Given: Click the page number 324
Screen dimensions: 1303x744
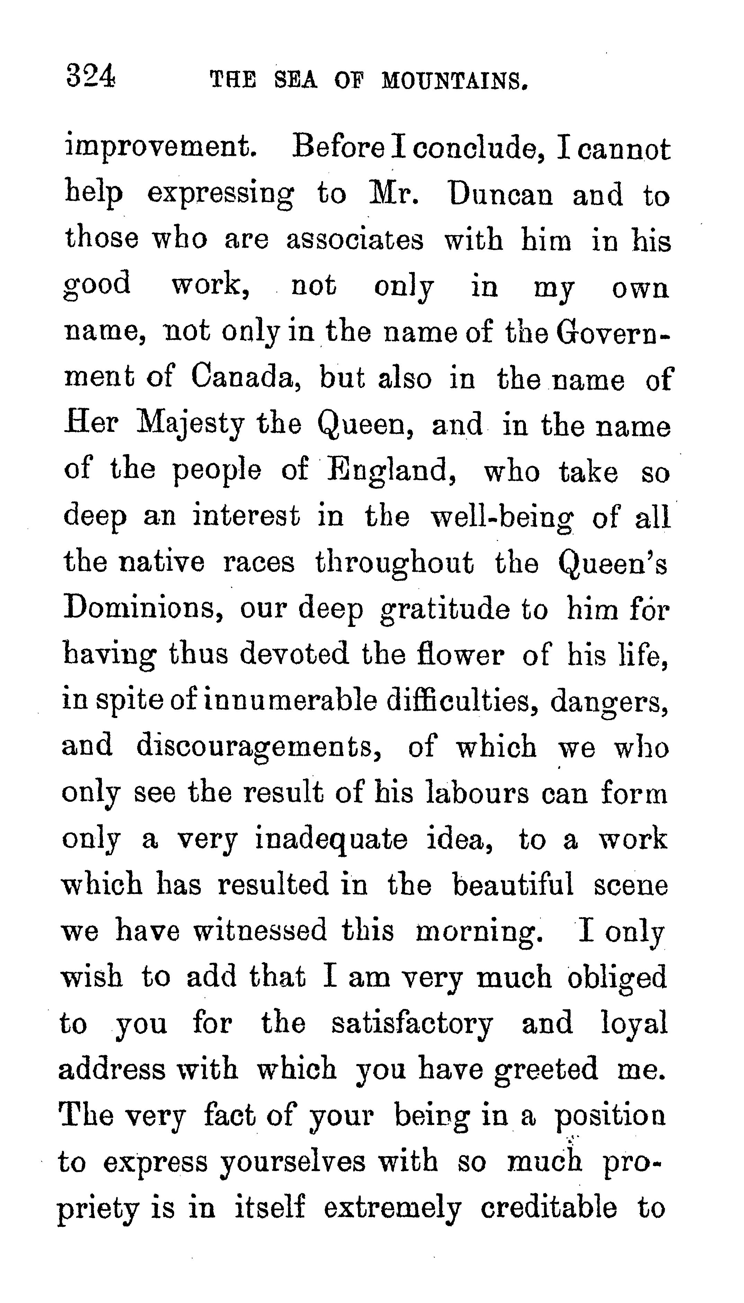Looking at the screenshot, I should coord(91,77).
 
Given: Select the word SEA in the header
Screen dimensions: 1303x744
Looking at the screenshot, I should coord(295,81).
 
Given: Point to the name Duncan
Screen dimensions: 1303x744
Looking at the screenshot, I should coord(500,195).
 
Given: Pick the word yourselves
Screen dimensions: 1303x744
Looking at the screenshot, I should coord(293,1162).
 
